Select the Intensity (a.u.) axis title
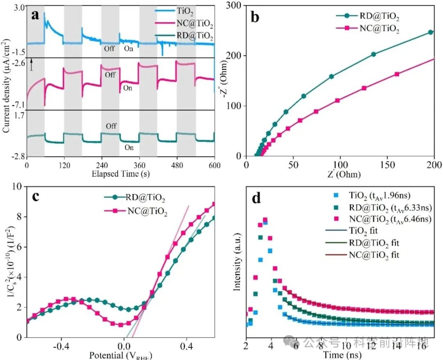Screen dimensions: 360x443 [237, 263]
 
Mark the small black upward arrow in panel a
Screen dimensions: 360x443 [31, 64]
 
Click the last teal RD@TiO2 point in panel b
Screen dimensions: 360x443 [431, 32]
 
